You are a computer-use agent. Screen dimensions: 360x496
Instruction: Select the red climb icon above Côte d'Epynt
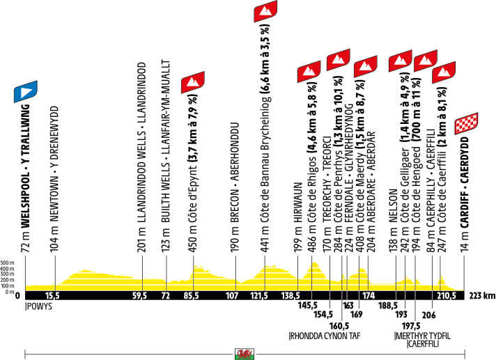[x=192, y=82]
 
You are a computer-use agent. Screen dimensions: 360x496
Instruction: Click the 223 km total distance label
[x=482, y=295]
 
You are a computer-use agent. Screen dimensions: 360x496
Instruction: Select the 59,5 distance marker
[x=141, y=295]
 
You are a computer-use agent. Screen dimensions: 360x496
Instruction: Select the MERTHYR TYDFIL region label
[x=423, y=336]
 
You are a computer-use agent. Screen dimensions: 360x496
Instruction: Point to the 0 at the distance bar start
[x=17, y=295]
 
